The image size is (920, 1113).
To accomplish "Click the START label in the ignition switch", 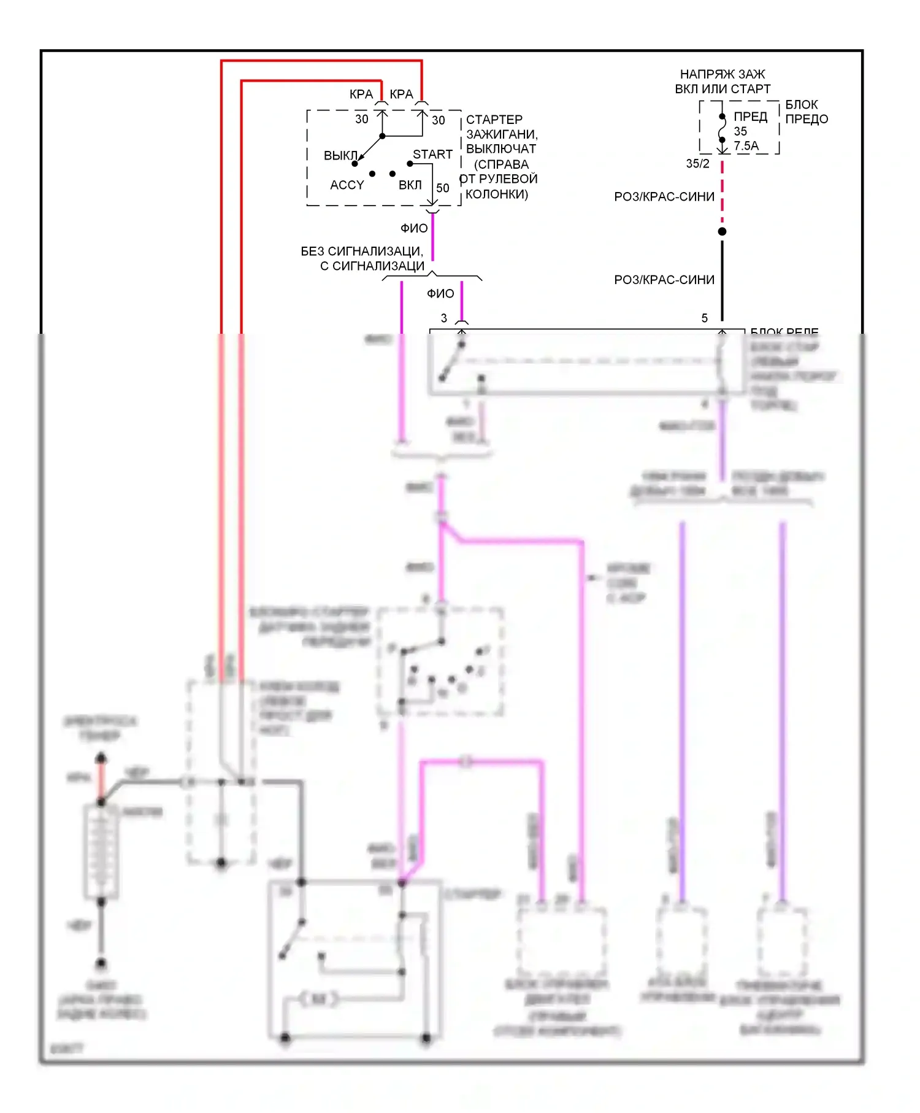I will point(432,155).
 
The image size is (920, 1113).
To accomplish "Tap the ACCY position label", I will point(347,185).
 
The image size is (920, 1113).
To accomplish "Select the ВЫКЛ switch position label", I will point(340,156).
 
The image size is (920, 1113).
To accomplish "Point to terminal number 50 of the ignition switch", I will point(443,188).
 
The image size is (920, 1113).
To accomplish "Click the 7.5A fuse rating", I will point(746,146).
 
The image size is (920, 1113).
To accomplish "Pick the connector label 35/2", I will point(697,164).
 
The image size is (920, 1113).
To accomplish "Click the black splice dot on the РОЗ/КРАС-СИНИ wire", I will point(722,231).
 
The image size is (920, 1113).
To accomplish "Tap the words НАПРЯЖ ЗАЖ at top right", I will point(723,74).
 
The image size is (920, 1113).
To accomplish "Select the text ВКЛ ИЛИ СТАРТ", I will point(723,89).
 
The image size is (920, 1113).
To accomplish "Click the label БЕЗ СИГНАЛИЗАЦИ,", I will point(362,252).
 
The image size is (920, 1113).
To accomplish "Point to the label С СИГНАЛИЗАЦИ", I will point(372,266).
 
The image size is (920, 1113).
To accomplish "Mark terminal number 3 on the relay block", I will point(444,318).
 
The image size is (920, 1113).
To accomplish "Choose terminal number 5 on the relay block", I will point(705,318).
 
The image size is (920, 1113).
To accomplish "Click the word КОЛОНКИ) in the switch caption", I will point(497,194).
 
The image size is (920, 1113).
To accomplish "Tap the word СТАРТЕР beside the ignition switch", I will point(494,120).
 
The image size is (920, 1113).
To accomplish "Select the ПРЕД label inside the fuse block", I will point(751,117).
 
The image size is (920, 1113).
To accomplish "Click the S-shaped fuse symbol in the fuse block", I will point(723,128).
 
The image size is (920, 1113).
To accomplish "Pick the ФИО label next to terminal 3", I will point(440,294).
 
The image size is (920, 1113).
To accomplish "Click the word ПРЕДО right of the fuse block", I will point(807,119).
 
